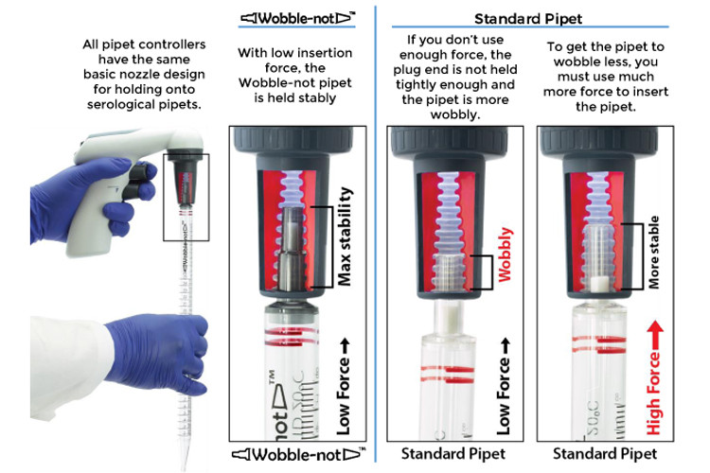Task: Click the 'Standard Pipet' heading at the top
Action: coord(527,16)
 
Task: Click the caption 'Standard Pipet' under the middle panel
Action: coord(450,453)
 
